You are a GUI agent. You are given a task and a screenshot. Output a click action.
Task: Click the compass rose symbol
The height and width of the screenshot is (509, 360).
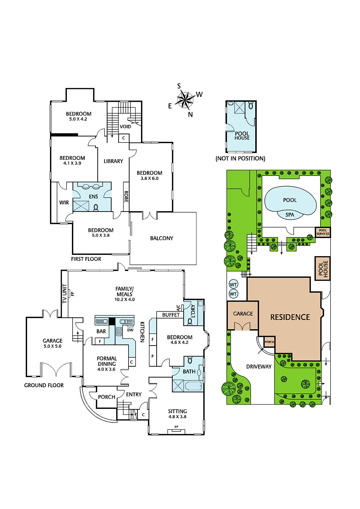coord(186,99)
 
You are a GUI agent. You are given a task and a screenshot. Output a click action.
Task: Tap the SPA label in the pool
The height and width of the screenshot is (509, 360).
coord(290,215)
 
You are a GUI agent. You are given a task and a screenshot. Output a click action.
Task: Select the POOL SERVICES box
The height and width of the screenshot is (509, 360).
coord(323,232)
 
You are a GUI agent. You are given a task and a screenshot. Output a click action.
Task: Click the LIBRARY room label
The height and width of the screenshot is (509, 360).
coord(113,161)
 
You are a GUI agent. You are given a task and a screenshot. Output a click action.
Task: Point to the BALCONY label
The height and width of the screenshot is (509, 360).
coord(162,238)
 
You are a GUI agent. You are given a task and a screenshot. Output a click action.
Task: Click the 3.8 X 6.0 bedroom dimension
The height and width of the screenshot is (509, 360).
coord(149,178)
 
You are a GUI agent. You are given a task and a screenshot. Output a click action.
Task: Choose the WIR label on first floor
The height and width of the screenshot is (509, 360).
coord(64,202)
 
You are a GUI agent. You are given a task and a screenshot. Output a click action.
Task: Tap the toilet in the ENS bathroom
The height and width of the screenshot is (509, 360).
coord(96,207)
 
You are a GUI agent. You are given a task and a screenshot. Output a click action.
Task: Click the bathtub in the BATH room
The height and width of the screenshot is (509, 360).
coord(193,386)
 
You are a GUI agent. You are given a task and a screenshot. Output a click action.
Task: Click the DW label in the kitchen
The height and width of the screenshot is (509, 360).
coord(130,330)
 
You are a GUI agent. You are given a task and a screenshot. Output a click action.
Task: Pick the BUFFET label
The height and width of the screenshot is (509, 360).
coord(171,315)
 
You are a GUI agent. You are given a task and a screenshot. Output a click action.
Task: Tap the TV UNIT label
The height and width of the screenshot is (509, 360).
coord(65,293)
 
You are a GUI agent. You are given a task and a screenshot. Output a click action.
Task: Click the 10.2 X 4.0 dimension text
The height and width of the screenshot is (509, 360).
coord(125,299)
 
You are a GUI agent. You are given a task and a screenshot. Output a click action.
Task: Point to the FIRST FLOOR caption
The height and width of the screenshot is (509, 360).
coord(86,259)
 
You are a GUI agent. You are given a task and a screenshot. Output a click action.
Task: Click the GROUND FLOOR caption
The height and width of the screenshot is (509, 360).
coord(44,385)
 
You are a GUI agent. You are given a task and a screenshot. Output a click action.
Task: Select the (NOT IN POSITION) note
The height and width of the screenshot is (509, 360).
coord(240,158)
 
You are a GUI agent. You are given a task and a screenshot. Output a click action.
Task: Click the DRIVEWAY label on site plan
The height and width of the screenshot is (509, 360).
coord(259,366)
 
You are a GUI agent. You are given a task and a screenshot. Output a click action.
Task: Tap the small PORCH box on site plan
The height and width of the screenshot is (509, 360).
coord(270,342)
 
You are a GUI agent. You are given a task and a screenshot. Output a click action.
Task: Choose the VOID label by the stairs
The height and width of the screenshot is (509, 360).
coord(125,127)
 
